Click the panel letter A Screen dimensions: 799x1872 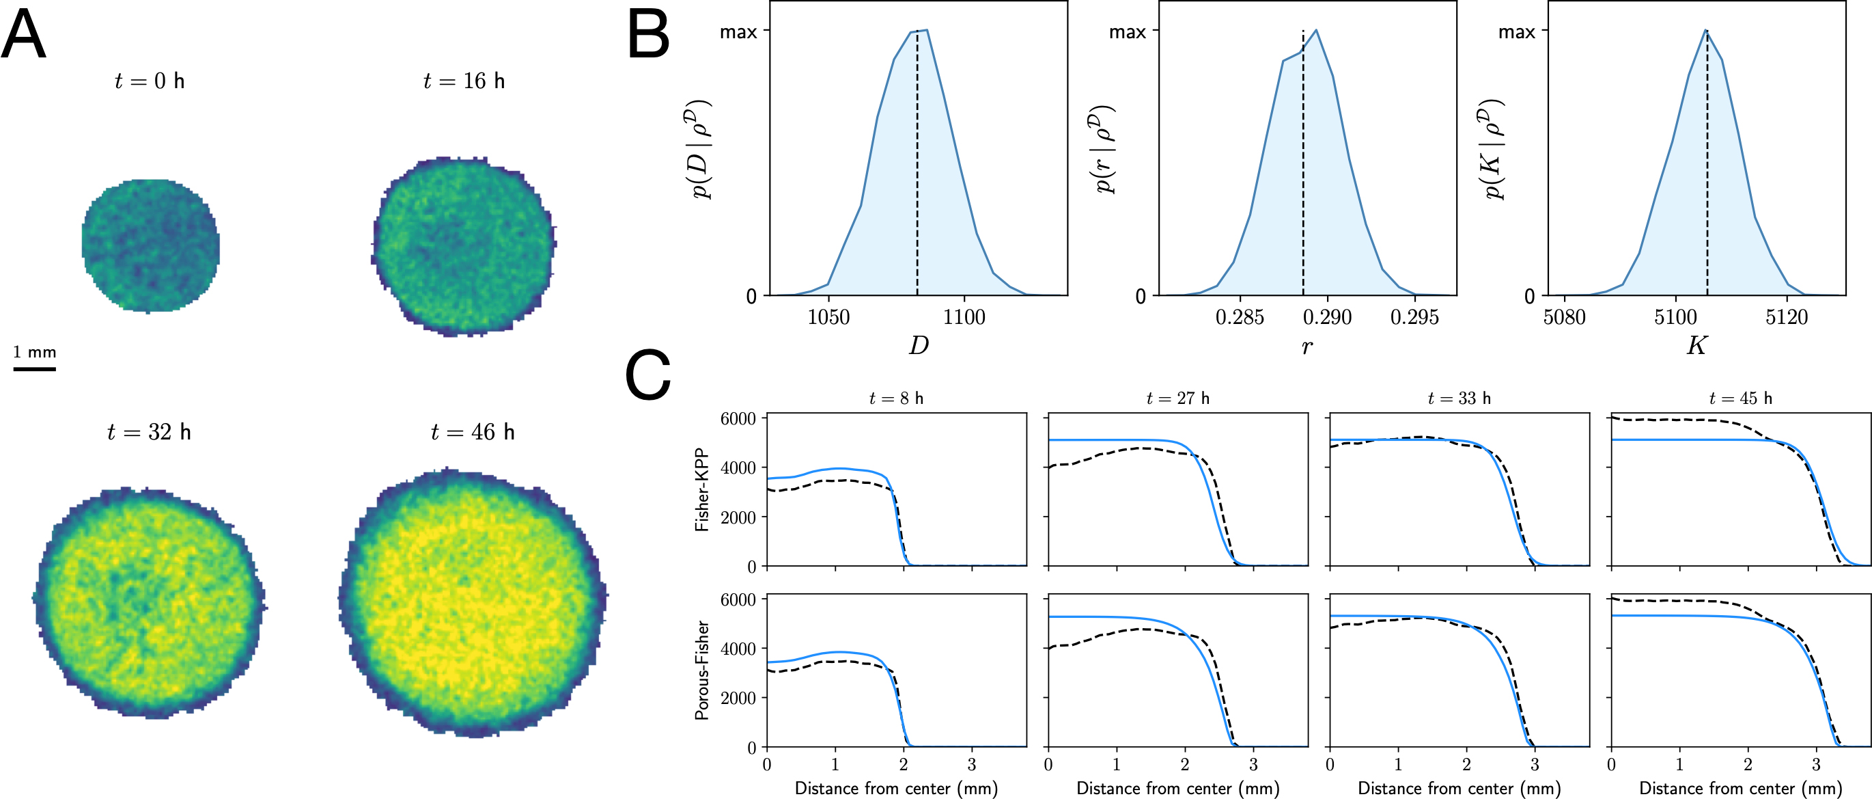(23, 35)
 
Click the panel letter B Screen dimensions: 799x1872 (647, 35)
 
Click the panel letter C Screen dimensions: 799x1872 (647, 375)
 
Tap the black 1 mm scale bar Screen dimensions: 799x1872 (34, 368)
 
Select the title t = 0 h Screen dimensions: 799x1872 (150, 81)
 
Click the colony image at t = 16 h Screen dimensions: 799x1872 (464, 246)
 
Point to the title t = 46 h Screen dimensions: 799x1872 (473, 432)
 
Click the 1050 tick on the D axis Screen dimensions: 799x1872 (828, 317)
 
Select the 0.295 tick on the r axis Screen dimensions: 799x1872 (1414, 317)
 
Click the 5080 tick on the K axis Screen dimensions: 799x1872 (1564, 317)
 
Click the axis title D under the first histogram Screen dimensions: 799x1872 (919, 345)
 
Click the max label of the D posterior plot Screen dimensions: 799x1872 (738, 32)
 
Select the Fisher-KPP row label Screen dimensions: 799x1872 (702, 489)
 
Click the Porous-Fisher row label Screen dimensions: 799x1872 (702, 670)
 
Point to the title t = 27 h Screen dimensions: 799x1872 (1177, 398)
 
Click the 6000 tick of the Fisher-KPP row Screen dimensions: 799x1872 (738, 419)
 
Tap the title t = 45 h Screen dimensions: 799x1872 (1740, 398)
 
